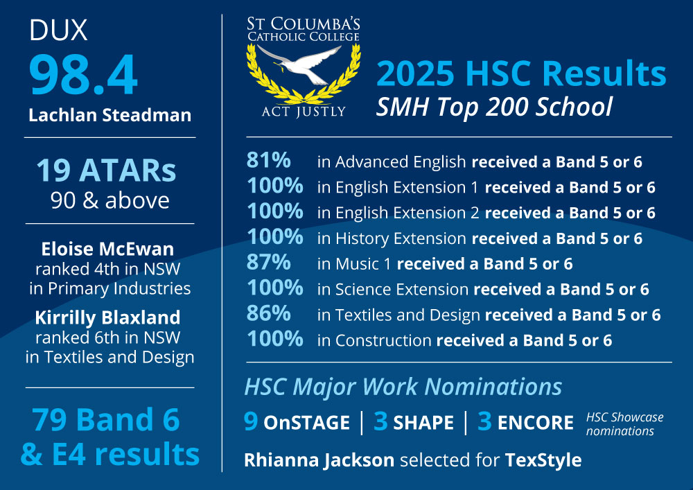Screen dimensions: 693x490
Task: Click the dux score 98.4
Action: coord(84,74)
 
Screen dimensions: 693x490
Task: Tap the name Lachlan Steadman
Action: coord(110,115)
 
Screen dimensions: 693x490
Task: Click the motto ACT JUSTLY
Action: coord(304,112)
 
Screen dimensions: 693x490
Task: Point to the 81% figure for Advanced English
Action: coord(269,160)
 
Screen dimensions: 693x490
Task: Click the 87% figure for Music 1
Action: coord(269,262)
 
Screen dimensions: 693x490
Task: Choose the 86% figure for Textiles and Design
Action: coord(269,313)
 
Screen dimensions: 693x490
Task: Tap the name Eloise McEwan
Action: coord(107,250)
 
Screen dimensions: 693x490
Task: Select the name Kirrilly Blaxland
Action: coord(108,317)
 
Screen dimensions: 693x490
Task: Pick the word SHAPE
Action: coord(423,423)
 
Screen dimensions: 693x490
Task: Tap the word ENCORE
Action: coord(536,423)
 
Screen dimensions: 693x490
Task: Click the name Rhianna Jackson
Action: coord(319,460)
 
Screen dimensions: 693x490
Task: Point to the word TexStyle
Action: coord(543,460)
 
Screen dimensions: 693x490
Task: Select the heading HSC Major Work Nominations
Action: coord(403,387)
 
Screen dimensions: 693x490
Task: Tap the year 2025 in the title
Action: coord(415,73)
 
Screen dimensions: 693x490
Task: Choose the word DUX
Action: coord(58,30)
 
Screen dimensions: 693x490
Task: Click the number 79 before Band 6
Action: coord(52,419)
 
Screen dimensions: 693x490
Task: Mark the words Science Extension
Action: coord(402,290)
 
